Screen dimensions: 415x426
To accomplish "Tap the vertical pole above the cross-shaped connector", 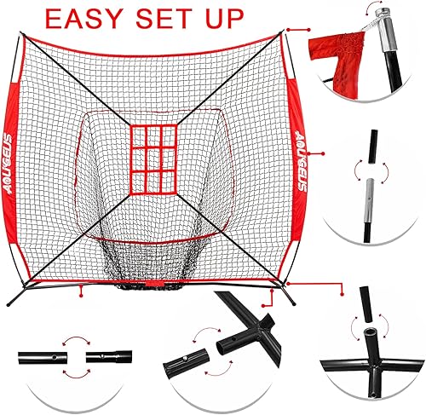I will point(372,308).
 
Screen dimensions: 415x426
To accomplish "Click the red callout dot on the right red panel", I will point(318,154).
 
